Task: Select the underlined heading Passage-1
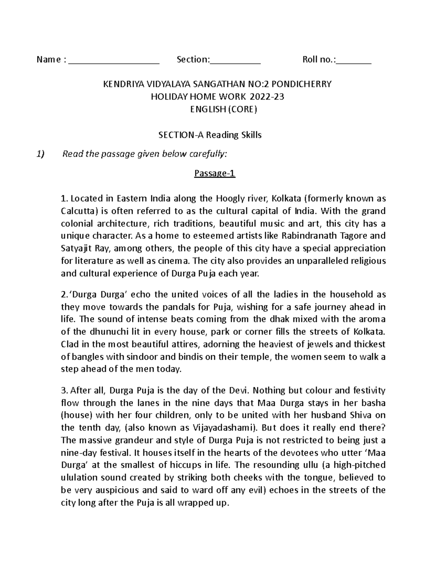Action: (215, 174)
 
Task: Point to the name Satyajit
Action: (72, 248)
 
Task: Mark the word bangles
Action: (87, 357)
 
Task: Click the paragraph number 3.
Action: (63, 390)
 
